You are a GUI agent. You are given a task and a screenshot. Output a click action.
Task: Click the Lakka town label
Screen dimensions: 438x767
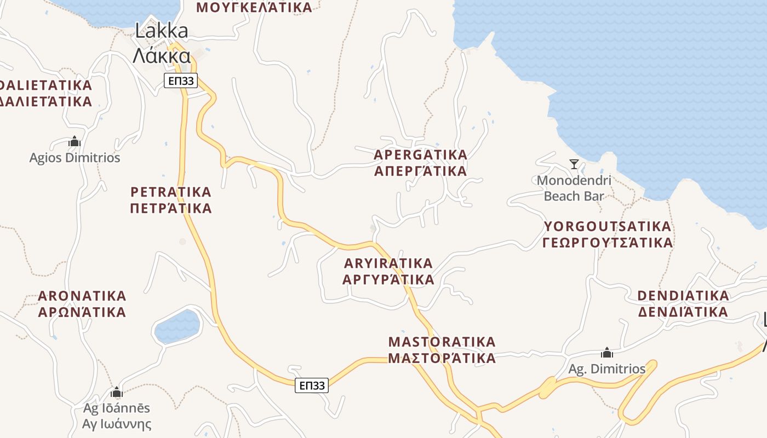pyautogui.click(x=162, y=43)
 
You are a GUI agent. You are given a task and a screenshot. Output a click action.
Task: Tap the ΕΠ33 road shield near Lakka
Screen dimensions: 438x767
pyautogui.click(x=180, y=81)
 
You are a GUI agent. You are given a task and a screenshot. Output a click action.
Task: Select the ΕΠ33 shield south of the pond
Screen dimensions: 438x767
pyautogui.click(x=312, y=385)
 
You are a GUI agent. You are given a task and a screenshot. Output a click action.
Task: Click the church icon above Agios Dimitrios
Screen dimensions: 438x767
pyautogui.click(x=75, y=142)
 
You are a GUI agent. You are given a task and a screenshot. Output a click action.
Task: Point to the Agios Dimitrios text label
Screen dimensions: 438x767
pyautogui.click(x=75, y=158)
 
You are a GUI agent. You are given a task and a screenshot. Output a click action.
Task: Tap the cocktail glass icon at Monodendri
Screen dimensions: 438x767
pyautogui.click(x=574, y=164)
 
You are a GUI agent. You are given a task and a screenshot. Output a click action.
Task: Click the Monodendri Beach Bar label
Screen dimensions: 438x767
pyautogui.click(x=574, y=188)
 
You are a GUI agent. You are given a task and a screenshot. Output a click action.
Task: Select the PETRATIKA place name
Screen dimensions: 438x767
pyautogui.click(x=171, y=200)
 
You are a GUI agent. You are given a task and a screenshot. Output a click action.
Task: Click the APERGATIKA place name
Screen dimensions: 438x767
pyautogui.click(x=420, y=163)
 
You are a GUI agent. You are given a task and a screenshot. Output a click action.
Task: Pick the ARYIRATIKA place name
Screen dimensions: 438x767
pyautogui.click(x=388, y=271)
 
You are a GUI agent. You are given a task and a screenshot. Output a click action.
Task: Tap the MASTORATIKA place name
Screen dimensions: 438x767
pyautogui.click(x=442, y=350)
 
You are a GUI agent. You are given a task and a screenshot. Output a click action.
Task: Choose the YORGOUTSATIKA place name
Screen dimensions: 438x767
pyautogui.click(x=607, y=234)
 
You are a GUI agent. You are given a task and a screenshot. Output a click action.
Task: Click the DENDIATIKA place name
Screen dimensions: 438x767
pyautogui.click(x=683, y=304)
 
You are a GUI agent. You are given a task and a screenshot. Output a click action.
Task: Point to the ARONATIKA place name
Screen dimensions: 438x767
pyautogui.click(x=82, y=304)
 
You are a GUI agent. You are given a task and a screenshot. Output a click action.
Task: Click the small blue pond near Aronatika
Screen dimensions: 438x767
pyautogui.click(x=178, y=327)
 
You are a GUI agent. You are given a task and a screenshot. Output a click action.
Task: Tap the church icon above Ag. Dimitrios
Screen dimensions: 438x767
pyautogui.click(x=606, y=352)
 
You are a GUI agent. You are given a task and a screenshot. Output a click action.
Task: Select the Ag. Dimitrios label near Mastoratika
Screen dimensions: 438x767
pyautogui.click(x=606, y=369)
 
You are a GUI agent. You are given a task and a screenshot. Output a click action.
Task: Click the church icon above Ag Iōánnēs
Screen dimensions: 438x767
pyautogui.click(x=116, y=392)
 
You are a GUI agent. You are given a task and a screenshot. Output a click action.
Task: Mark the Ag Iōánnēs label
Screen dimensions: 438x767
pyautogui.click(x=116, y=416)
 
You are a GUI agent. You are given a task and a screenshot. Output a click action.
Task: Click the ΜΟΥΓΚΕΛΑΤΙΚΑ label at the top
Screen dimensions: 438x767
pyautogui.click(x=254, y=7)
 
